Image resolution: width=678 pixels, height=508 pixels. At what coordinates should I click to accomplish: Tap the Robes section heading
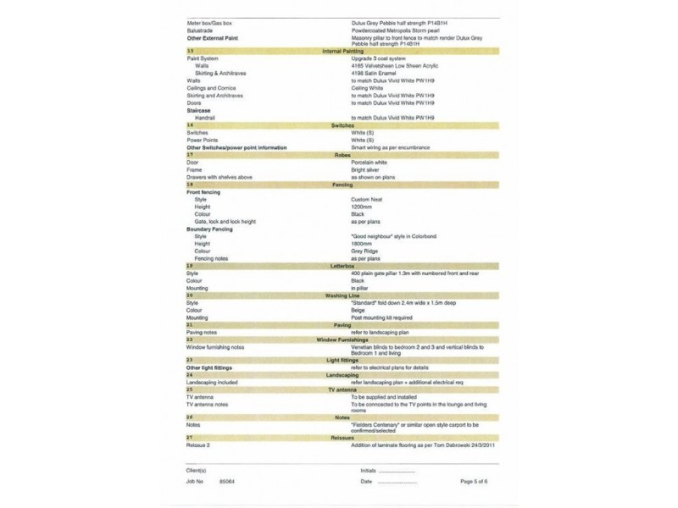[342, 155]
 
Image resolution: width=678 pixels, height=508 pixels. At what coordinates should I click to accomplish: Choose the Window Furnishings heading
[342, 339]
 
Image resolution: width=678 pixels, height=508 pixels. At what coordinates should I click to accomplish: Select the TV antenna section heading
[342, 389]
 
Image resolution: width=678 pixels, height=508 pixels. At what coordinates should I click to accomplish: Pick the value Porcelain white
[369, 162]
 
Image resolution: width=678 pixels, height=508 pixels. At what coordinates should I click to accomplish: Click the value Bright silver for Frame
[366, 169]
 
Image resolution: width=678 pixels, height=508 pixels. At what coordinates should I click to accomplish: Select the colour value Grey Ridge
[365, 251]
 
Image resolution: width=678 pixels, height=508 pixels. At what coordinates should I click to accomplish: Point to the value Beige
[358, 309]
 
